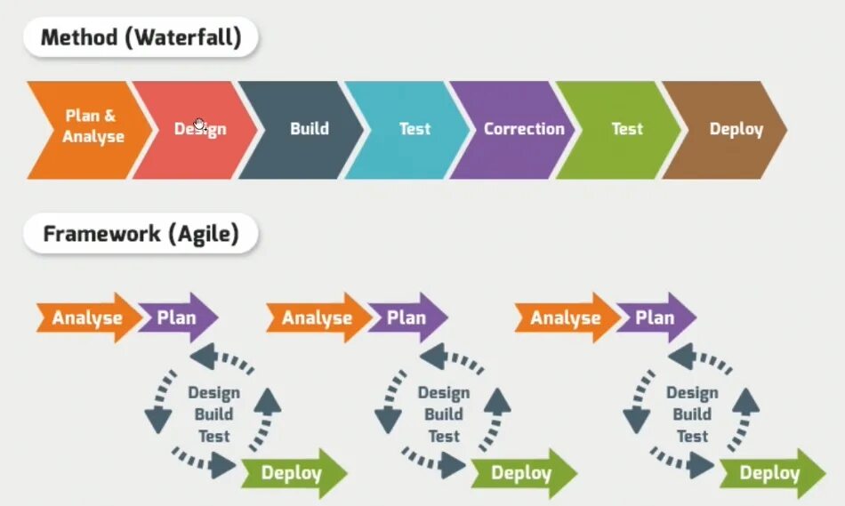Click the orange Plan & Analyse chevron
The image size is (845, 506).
click(89, 129)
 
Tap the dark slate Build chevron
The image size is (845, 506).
click(308, 129)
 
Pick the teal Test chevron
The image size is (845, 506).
click(414, 129)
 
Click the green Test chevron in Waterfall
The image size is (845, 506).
click(626, 129)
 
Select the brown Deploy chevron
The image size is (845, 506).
click(735, 129)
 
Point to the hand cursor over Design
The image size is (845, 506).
click(200, 125)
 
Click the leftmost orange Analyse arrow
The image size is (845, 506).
click(87, 317)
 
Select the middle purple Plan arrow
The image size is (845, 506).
click(406, 317)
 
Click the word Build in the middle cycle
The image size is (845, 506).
click(444, 414)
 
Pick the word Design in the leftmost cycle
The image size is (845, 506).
click(213, 393)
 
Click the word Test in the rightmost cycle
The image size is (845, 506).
click(692, 436)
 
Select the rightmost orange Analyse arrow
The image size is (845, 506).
click(566, 317)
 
